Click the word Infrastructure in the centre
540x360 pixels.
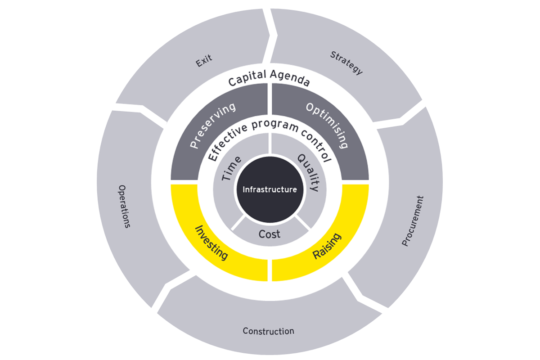(270, 189)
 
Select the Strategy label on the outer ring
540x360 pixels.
(346, 63)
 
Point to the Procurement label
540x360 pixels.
(413, 220)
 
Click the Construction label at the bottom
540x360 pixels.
(268, 331)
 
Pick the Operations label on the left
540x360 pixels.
(124, 206)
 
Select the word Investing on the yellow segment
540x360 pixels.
(211, 243)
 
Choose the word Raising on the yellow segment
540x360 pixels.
(327, 246)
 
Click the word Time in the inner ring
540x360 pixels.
(232, 168)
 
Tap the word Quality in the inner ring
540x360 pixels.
(308, 171)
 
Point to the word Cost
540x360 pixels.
(270, 234)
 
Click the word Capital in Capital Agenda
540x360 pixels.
(247, 80)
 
